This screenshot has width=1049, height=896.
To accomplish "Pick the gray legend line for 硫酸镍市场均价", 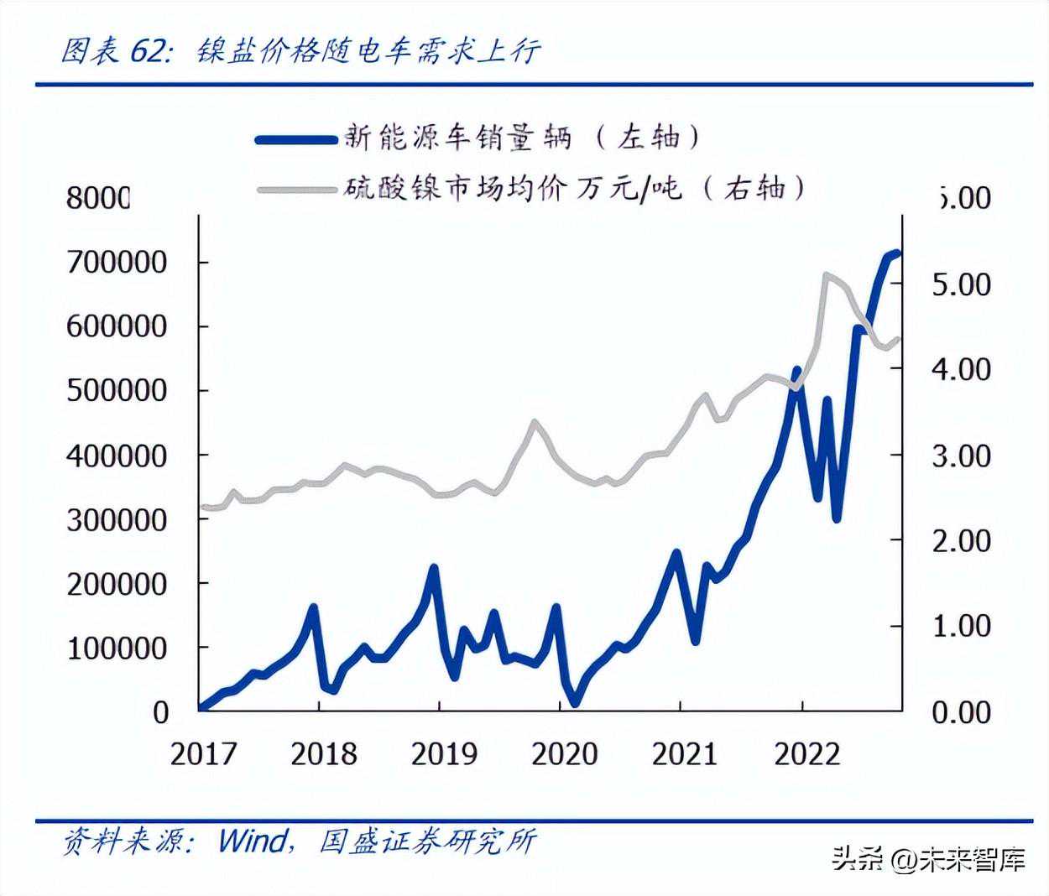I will (295, 190).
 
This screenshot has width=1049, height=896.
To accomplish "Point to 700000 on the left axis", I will (117, 262).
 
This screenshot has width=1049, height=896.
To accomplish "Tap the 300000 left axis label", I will (117, 519).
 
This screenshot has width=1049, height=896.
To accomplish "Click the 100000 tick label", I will (117, 648).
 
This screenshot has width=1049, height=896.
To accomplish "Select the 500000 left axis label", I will (117, 391).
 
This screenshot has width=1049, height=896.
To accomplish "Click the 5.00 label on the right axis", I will (961, 284).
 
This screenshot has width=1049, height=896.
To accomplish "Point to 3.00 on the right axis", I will (961, 456).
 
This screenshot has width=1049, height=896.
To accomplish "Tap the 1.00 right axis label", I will (961, 626).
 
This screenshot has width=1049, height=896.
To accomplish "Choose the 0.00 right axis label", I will (961, 712).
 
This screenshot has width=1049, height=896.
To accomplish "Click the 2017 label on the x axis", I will (203, 753).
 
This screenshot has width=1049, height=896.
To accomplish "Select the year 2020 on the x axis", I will (564, 753).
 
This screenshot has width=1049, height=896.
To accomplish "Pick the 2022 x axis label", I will (806, 753).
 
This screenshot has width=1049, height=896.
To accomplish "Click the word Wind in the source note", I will (251, 840).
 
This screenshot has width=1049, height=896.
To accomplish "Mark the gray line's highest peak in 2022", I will (827, 275).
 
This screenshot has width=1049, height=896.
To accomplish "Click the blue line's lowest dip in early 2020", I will (575, 703).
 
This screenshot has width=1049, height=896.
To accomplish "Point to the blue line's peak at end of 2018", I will (434, 569).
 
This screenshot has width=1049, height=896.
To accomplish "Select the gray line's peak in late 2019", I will (534, 422).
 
